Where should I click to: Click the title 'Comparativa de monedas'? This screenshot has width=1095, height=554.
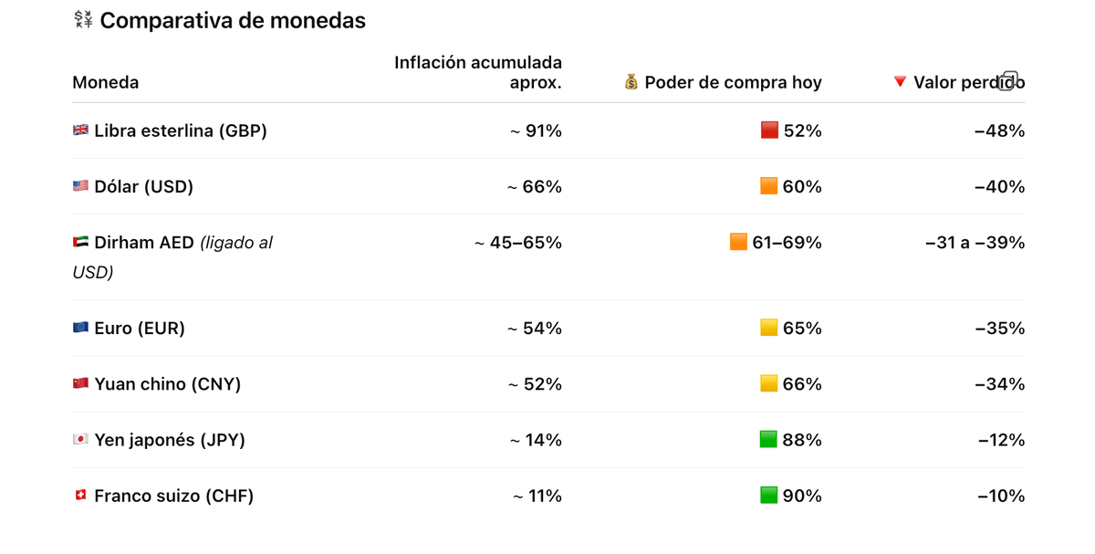(232, 21)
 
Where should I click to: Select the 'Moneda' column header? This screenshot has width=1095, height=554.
(106, 83)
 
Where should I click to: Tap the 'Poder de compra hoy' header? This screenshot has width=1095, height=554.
(733, 83)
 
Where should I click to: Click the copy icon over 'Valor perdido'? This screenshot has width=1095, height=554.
(1008, 80)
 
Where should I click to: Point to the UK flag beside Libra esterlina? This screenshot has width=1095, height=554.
(80, 131)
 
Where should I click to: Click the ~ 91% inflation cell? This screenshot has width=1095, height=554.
(536, 131)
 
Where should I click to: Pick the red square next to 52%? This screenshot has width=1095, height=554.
(769, 131)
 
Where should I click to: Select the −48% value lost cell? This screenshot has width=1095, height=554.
(999, 131)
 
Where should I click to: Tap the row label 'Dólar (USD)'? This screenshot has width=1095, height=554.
(143, 187)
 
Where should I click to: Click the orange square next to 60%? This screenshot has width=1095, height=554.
(769, 186)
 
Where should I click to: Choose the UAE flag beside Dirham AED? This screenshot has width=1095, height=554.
(80, 243)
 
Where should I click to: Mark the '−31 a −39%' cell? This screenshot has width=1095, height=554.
(975, 243)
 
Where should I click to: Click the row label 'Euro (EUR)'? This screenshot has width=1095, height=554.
(139, 329)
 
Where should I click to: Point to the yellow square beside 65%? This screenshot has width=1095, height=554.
(769, 328)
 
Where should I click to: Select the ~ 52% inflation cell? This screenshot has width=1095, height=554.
(536, 384)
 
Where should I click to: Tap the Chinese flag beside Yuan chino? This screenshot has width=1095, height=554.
(80, 383)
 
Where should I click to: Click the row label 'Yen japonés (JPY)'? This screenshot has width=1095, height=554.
(169, 440)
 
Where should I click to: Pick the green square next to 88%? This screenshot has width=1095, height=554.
(769, 439)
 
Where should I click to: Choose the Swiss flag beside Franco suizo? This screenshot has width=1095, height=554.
(80, 496)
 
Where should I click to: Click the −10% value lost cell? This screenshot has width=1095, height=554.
(1001, 497)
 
